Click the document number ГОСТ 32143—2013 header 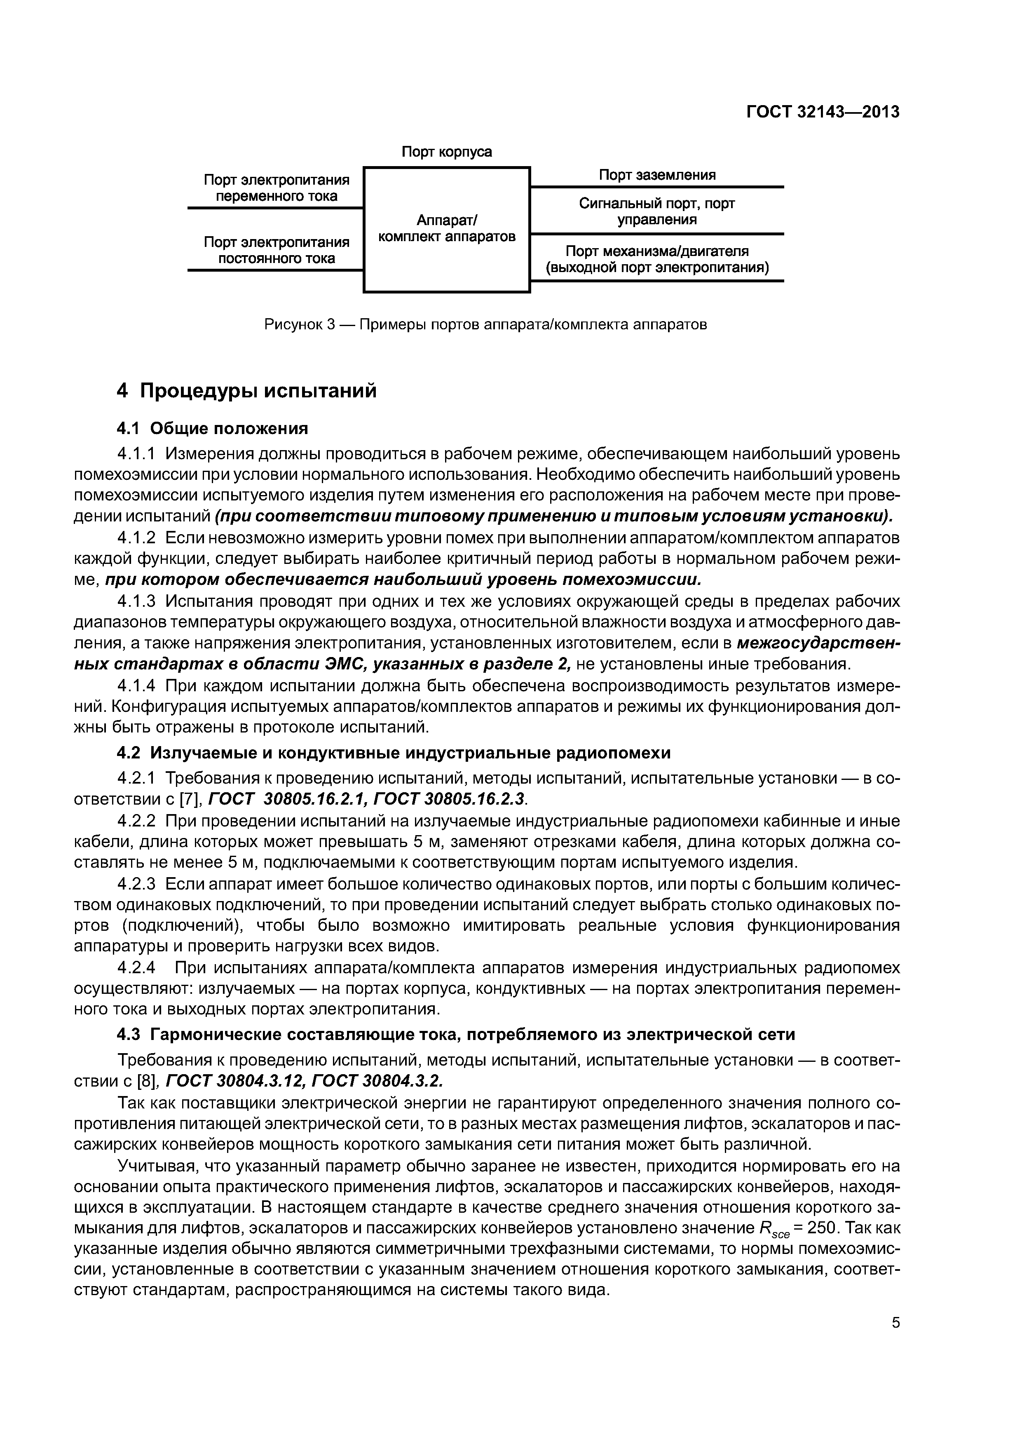[x=823, y=112]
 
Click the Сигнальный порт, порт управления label [x=657, y=211]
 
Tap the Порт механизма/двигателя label [x=657, y=259]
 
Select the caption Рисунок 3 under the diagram [x=485, y=324]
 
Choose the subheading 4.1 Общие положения [x=213, y=429]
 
